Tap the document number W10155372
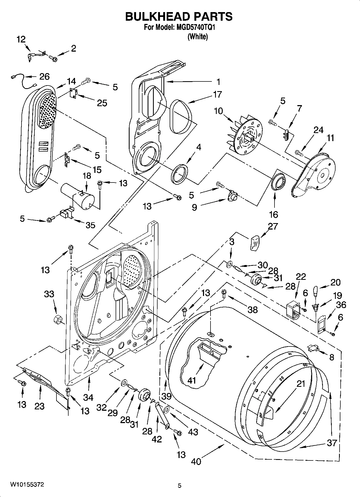[27, 485]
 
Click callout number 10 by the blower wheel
[219, 111]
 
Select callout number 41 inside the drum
[191, 380]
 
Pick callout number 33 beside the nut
[49, 294]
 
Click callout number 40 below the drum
[196, 462]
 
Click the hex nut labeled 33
[57, 319]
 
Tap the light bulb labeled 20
[316, 291]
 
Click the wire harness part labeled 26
[23, 81]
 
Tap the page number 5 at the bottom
[180, 485]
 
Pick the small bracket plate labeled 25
[73, 93]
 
